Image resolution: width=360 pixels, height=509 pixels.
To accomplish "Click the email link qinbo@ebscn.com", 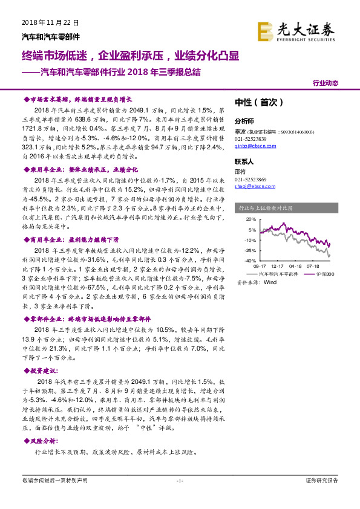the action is pyautogui.click(x=255, y=146).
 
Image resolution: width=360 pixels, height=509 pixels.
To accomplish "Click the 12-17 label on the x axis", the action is pyautogui.click(x=278, y=266).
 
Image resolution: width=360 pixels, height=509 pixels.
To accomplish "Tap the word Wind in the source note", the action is pyautogui.click(x=269, y=282).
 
